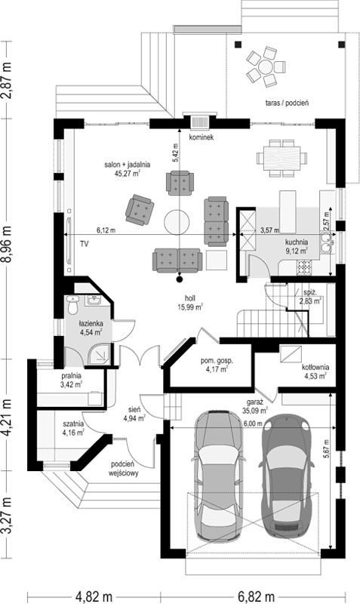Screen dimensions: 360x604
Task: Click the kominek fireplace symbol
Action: (x=200, y=122)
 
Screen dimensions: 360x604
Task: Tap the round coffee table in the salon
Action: (x=177, y=221)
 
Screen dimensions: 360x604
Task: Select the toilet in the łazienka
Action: (x=72, y=305)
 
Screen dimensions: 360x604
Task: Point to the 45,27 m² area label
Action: (x=127, y=174)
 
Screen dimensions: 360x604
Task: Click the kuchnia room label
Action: (x=296, y=242)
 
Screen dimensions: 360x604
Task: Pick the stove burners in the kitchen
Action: (x=303, y=267)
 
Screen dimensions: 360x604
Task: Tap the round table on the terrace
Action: (x=266, y=66)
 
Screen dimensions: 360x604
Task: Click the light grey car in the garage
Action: (x=219, y=476)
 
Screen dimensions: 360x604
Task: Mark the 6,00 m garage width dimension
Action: (x=253, y=424)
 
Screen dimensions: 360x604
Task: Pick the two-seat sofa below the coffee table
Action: (x=177, y=260)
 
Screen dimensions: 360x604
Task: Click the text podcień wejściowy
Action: (x=123, y=468)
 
